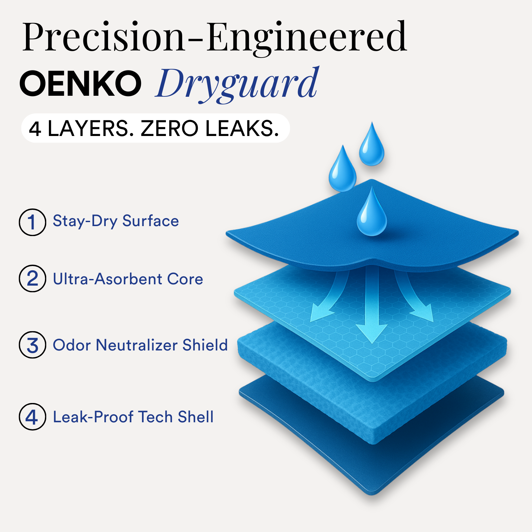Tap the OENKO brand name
point(80,83)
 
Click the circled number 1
point(32,222)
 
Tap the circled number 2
point(32,278)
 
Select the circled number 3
point(32,345)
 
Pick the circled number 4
point(32,417)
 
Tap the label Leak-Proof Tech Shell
point(133,417)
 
